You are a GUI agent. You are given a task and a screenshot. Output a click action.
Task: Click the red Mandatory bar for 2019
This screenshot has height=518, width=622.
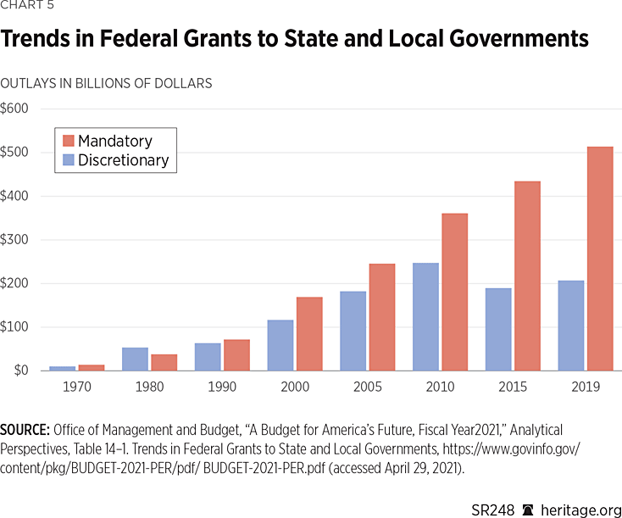click(x=600, y=259)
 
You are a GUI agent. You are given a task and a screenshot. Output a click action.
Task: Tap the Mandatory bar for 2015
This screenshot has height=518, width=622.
click(x=527, y=276)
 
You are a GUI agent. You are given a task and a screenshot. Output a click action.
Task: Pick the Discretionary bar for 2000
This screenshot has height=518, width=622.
click(x=280, y=345)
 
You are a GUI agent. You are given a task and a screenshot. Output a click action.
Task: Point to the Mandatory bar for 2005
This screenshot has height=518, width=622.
click(x=382, y=317)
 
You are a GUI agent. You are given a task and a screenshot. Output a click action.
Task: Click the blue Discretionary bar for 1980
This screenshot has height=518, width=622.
click(x=135, y=359)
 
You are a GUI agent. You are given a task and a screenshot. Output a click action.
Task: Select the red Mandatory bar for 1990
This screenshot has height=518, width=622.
click(x=236, y=355)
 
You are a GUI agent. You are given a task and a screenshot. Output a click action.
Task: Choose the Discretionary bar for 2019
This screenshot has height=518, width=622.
click(x=571, y=326)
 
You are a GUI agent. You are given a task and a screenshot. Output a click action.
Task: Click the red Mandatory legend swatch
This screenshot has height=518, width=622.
click(x=69, y=141)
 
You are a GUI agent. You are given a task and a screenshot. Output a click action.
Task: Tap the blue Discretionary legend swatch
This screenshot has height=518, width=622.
click(x=69, y=159)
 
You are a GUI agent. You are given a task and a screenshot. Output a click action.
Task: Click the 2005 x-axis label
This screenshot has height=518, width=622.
click(x=368, y=387)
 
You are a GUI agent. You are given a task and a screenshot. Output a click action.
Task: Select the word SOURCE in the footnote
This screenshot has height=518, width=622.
click(x=26, y=431)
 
